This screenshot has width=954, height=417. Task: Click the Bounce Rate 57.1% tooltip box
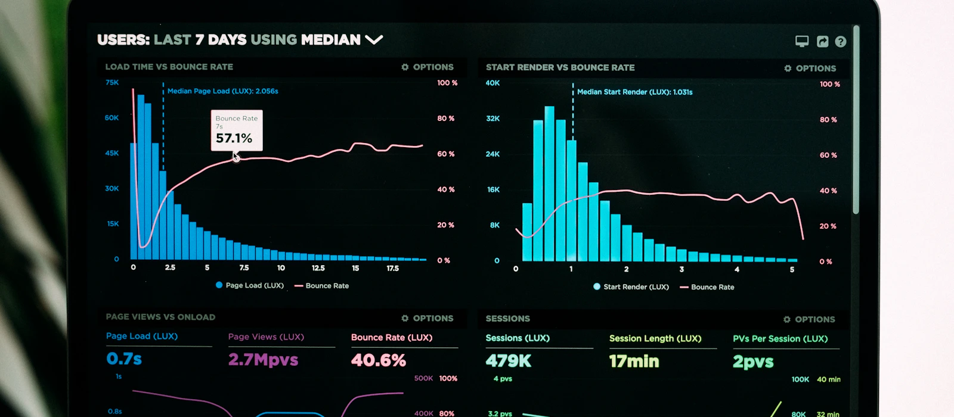[237, 130]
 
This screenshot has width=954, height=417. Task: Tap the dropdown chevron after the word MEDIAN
[374, 40]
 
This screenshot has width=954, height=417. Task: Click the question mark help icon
[840, 42]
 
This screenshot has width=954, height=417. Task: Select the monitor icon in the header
[802, 41]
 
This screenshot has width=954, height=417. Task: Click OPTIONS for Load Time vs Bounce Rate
[428, 67]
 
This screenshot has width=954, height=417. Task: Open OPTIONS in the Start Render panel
[810, 69]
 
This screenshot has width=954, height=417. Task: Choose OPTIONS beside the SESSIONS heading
[809, 319]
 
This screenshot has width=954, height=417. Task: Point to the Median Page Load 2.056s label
[223, 91]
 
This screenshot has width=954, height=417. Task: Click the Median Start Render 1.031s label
[634, 92]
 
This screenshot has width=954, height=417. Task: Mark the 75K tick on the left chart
[112, 83]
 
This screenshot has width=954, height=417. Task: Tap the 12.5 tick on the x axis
[318, 268]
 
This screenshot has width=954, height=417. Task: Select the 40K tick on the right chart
[493, 83]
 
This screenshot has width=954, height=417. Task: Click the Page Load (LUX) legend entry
[250, 285]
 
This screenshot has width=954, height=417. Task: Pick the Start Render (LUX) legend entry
[631, 287]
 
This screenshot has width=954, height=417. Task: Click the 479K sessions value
[509, 361]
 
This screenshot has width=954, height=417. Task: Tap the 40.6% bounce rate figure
[379, 360]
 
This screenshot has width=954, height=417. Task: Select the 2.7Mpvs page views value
[263, 360]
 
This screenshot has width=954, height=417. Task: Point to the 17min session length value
[634, 362]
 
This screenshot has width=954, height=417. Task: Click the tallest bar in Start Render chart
[549, 183]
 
